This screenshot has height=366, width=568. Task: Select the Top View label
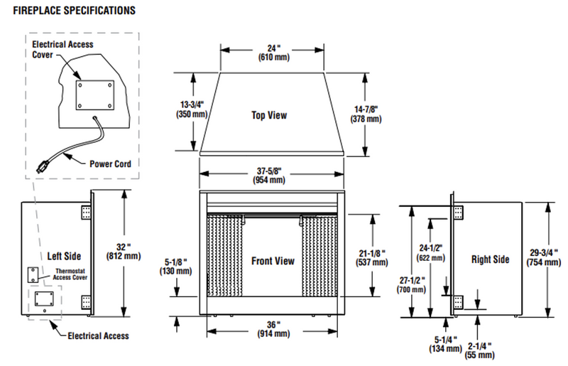269,114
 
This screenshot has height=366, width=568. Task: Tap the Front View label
273,261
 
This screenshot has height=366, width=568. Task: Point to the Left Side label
65,255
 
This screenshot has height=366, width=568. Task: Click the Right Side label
491,259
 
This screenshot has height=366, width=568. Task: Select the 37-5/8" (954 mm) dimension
271,175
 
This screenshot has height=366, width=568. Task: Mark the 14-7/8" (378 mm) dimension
366,114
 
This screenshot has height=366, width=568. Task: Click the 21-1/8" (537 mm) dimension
371,257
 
